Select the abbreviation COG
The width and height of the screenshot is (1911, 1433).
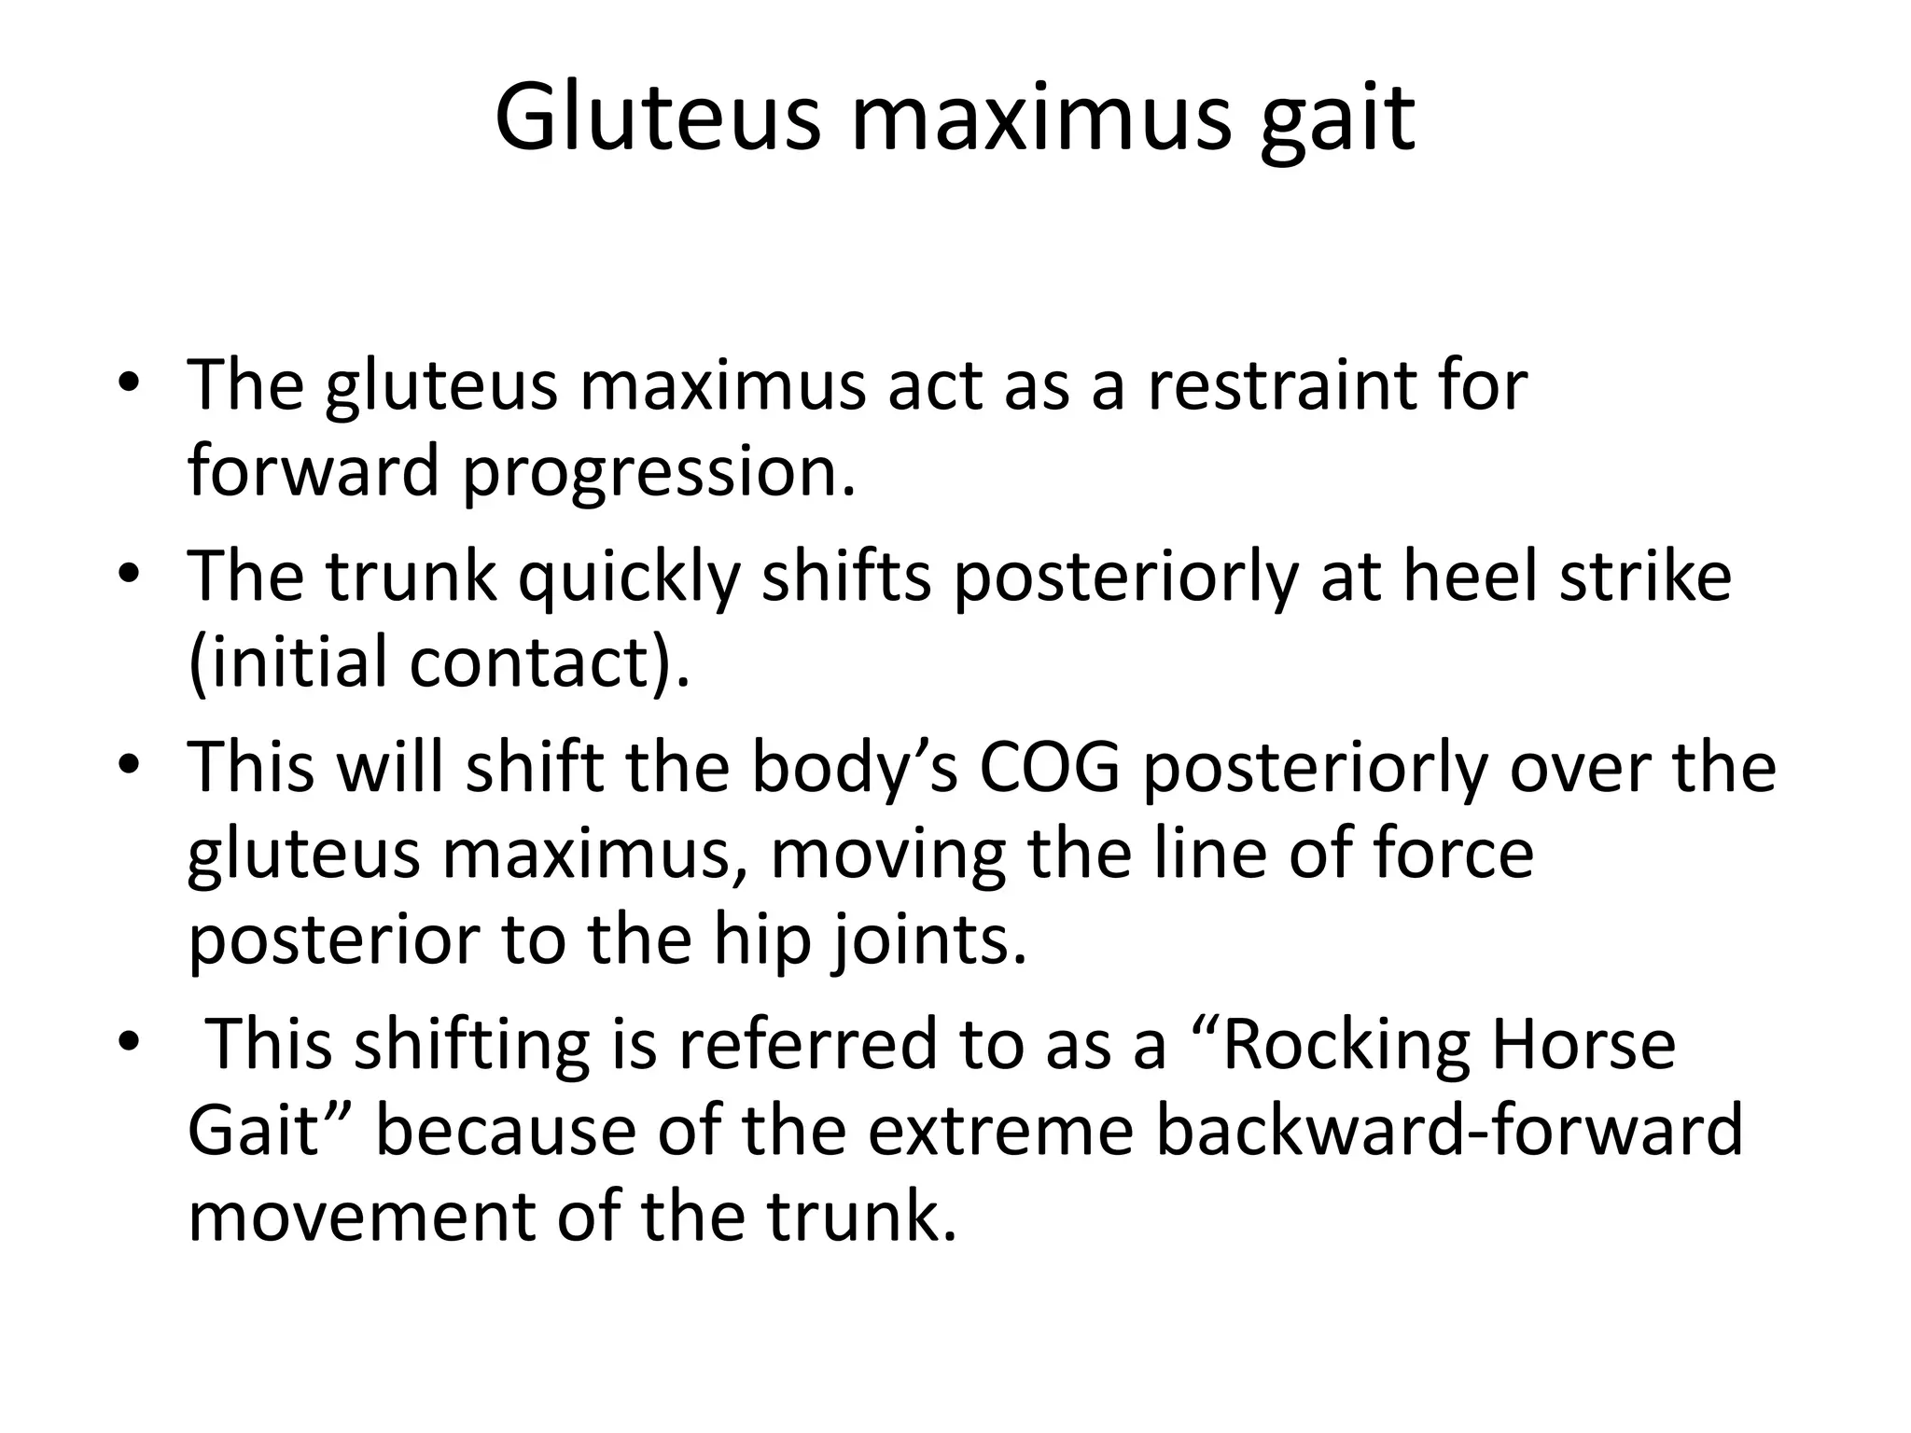pos(1049,767)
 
